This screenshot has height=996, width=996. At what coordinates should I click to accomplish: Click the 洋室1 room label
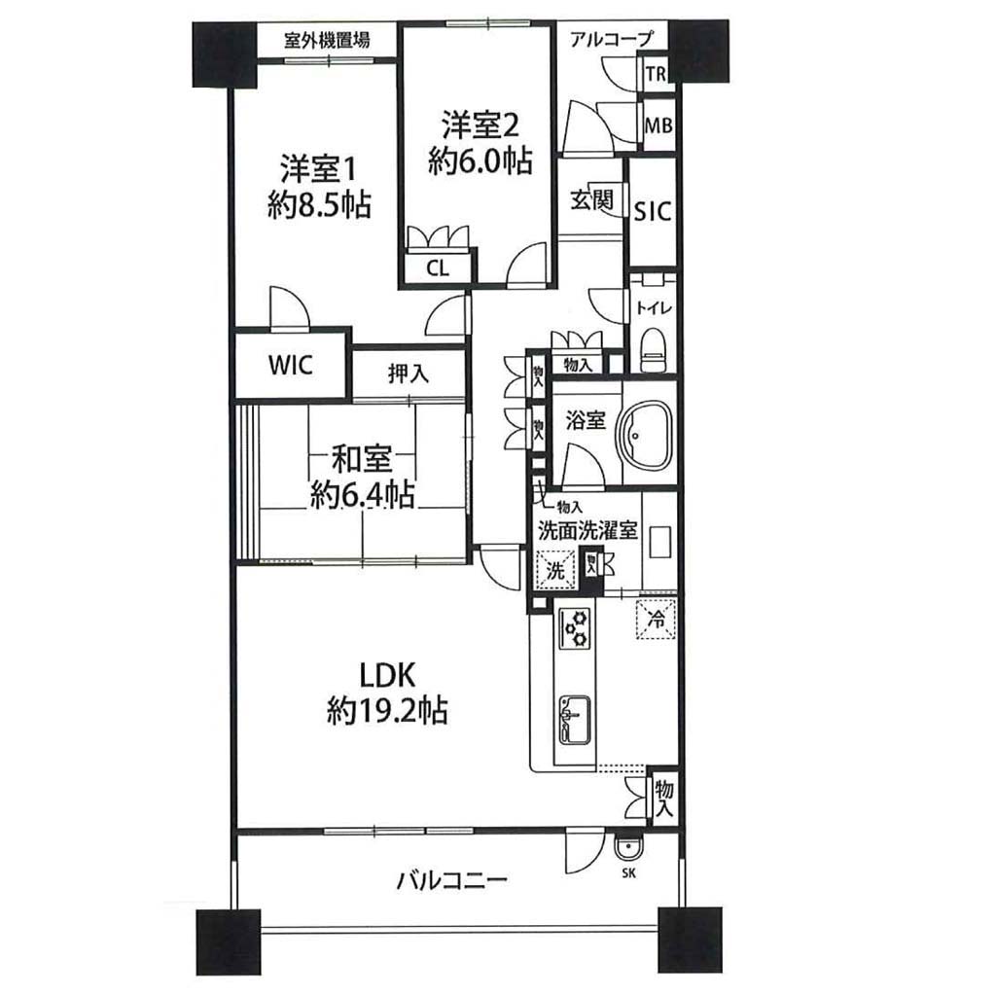(x=318, y=169)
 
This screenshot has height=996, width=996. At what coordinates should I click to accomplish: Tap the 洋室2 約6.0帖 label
(x=480, y=143)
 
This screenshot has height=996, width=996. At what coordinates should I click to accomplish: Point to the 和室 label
(x=362, y=460)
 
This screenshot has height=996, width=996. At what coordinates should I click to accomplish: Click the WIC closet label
(x=291, y=366)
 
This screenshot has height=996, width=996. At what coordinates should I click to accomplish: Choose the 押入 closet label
(x=409, y=373)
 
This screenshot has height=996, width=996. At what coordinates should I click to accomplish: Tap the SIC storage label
(x=653, y=211)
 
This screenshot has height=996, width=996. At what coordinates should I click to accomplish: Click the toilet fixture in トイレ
(x=653, y=350)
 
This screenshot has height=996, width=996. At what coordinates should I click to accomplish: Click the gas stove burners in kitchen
(x=575, y=628)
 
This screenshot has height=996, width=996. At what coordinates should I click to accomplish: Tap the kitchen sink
(x=575, y=721)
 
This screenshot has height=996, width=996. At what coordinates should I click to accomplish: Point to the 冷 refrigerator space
(x=657, y=618)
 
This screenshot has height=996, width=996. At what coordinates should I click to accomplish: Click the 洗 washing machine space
(x=555, y=570)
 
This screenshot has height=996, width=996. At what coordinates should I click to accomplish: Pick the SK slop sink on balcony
(x=629, y=847)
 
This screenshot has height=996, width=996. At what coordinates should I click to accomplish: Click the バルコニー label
(x=452, y=880)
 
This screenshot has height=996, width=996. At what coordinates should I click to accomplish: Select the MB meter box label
(x=658, y=125)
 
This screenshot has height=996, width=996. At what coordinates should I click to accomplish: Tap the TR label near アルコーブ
(x=656, y=74)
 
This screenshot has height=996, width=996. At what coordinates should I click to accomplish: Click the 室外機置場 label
(x=327, y=41)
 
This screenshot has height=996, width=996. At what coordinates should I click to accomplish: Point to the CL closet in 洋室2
(x=438, y=268)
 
